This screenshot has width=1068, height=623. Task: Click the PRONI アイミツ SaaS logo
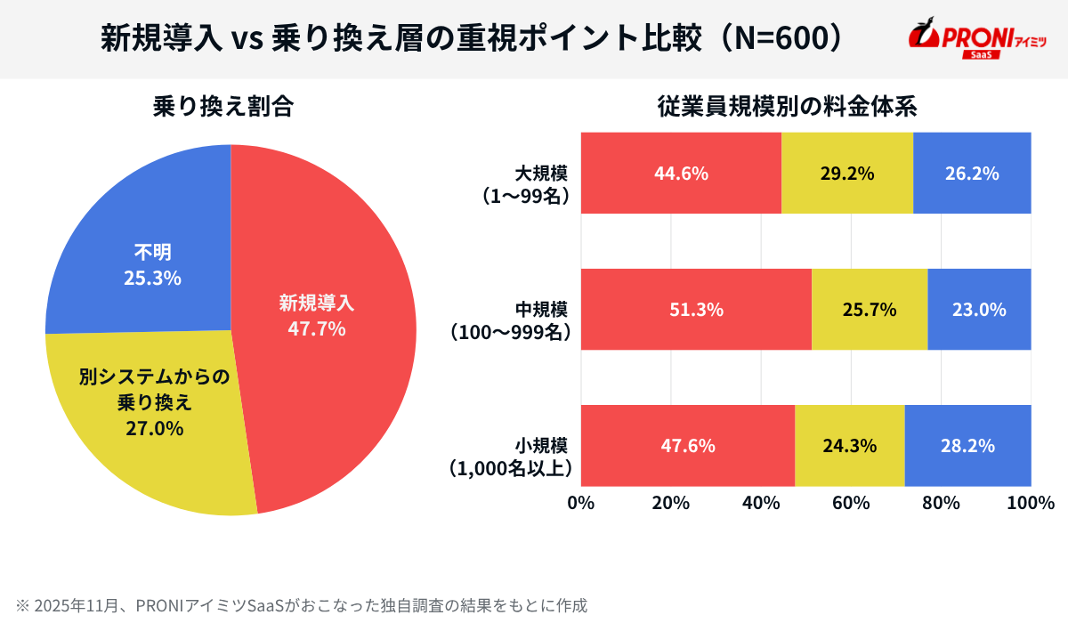tap(976, 40)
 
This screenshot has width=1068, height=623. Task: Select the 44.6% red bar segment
tap(681, 174)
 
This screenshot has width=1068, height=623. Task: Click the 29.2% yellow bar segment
tap(846, 174)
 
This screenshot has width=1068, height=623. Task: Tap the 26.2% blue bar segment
tap(972, 174)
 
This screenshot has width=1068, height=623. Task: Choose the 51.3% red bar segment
tap(696, 310)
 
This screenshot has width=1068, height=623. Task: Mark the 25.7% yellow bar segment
tap(869, 310)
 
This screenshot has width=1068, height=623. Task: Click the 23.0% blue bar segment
tap(979, 310)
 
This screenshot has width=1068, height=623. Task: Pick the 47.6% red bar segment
tap(687, 446)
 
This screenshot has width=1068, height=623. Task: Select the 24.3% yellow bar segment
tap(849, 446)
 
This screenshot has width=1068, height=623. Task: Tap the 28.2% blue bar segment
tap(967, 446)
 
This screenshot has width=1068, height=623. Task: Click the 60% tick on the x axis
tap(851, 503)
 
